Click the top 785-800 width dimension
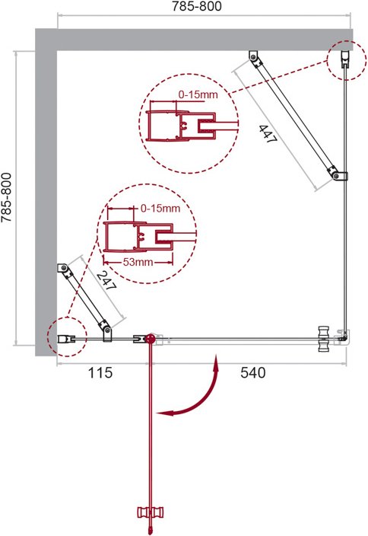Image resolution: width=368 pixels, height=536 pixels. click(x=196, y=6)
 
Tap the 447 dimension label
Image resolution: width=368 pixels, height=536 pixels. click(x=268, y=134)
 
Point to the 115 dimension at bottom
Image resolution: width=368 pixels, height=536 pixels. click(x=100, y=372)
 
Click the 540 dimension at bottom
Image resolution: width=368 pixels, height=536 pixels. click(x=252, y=372)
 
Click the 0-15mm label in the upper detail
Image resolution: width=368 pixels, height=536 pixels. click(x=198, y=94)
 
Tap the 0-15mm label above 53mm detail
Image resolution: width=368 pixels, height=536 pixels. click(x=160, y=208)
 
